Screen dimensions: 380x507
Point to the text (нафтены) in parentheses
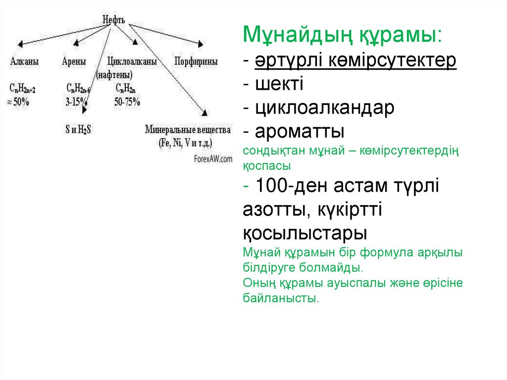point(114,75)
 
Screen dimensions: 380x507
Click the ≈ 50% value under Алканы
point(18,103)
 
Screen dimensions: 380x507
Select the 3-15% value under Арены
point(76,103)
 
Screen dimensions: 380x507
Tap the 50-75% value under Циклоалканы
point(127,103)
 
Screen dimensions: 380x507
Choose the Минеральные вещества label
point(188,130)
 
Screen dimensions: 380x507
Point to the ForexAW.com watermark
point(213,159)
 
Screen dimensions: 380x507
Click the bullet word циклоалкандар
point(325,108)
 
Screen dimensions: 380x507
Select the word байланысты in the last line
point(280,299)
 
